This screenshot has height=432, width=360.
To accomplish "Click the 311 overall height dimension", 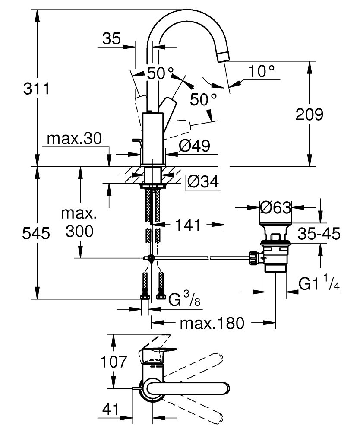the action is tap(36, 89).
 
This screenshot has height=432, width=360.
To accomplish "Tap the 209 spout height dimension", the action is tap(309, 114).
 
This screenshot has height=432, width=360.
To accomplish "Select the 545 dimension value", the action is tap(36, 234).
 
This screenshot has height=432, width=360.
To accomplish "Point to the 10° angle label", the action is tap(262, 71).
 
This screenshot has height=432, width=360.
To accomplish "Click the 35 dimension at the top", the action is tap(111, 38).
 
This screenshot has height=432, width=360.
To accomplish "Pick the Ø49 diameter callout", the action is tap(194, 146).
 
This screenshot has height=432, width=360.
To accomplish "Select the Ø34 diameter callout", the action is tap(203, 181).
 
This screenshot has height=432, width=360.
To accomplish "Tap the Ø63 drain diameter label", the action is tap(275, 207).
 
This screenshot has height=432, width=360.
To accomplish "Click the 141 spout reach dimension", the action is tap(188, 225).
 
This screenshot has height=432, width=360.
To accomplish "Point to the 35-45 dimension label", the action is tap(319, 234).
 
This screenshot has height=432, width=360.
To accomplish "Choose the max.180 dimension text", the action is tap(212, 324).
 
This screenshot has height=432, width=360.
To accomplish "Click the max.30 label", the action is tap(74, 139).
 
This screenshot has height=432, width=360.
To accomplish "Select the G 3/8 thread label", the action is tap(184, 299).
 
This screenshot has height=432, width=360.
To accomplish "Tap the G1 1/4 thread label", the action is tap(319, 283).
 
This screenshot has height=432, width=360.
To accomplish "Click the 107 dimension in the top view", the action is tap(114, 362).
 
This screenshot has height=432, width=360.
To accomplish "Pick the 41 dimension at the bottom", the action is tap(111, 410).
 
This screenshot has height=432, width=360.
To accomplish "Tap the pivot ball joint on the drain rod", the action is tap(151, 258).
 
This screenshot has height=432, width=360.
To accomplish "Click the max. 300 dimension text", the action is tap(79, 222).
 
